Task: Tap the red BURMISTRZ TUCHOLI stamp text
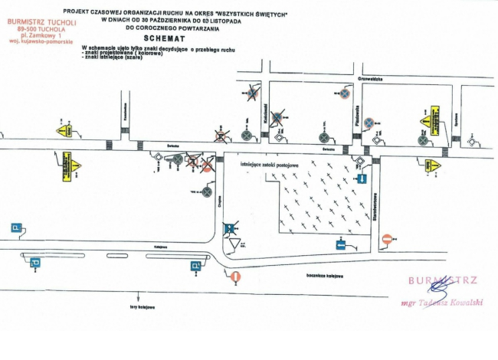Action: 40,22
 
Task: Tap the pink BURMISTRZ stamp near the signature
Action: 442,280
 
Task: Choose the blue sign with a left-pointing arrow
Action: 342,244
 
